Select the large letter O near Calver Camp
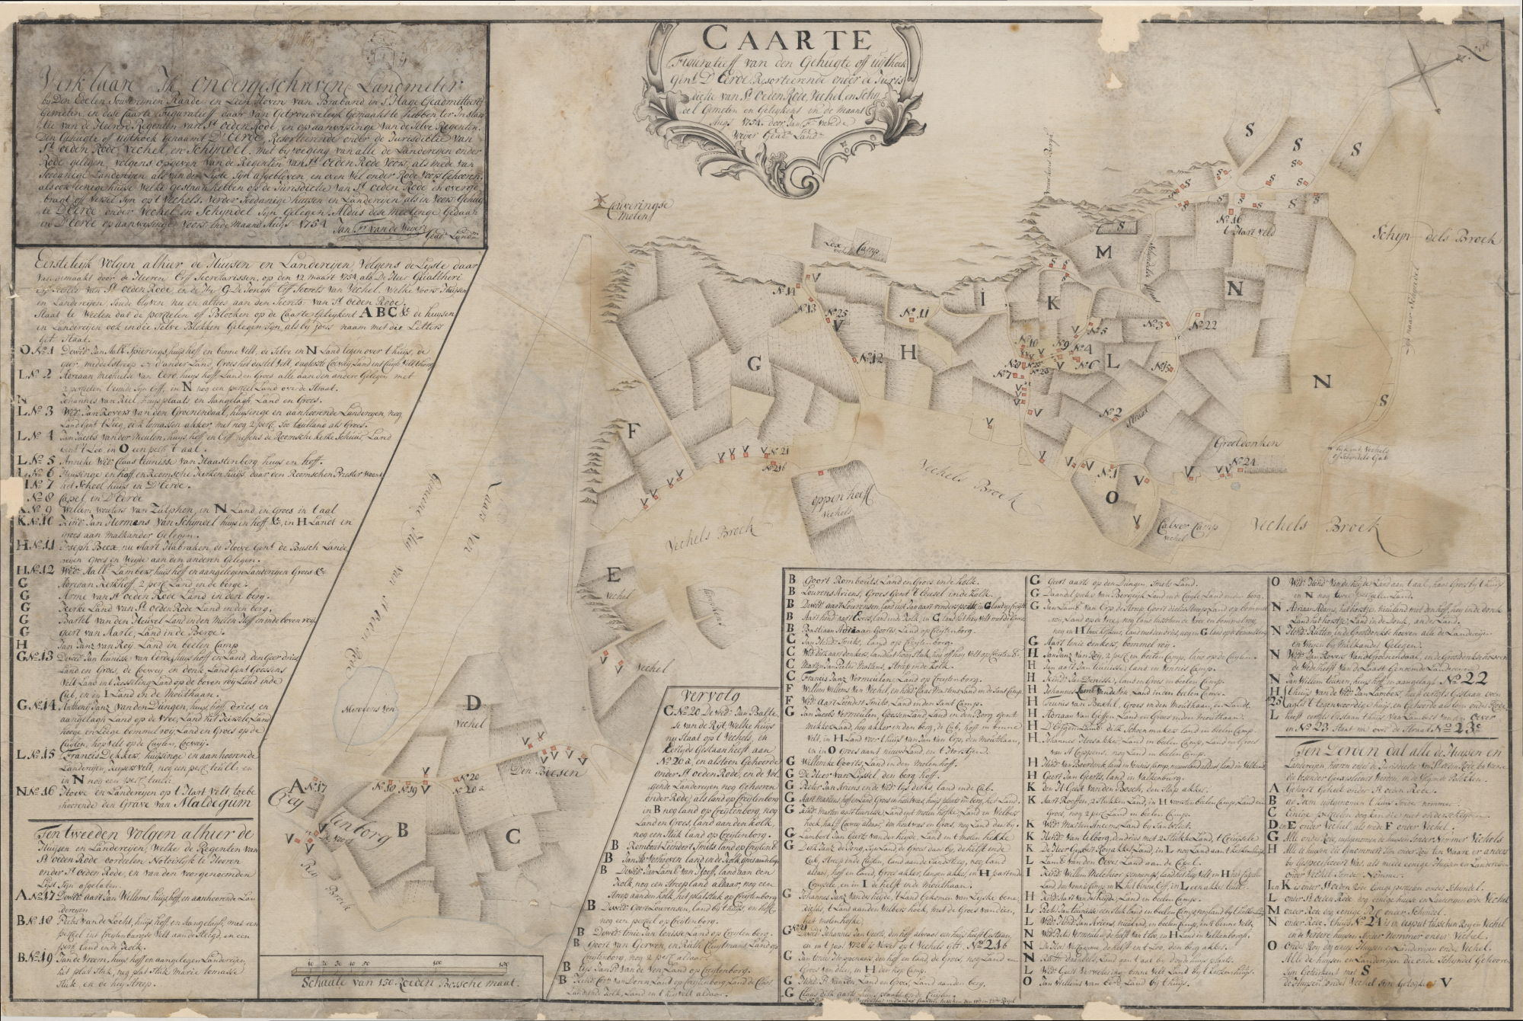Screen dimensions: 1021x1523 [x=1111, y=498]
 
